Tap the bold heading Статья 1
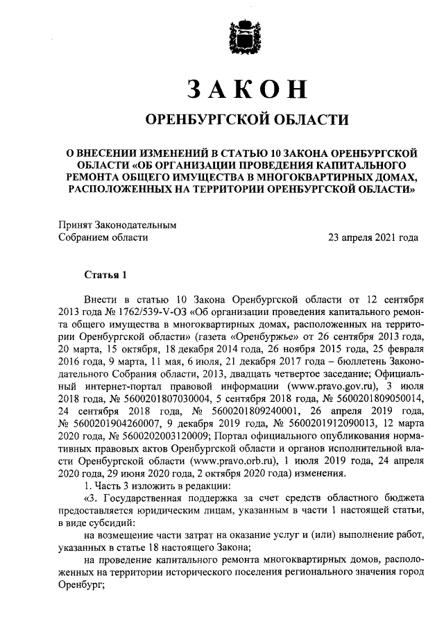click(x=106, y=275)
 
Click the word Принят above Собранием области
click(x=74, y=225)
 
